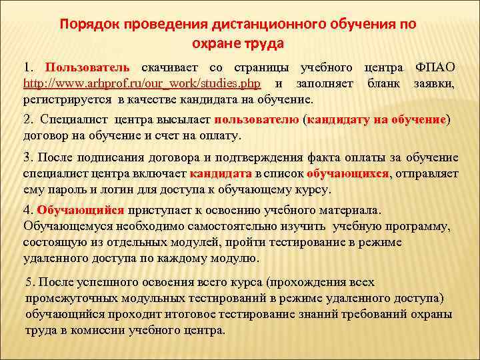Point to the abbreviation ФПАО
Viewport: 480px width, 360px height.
(435, 68)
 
